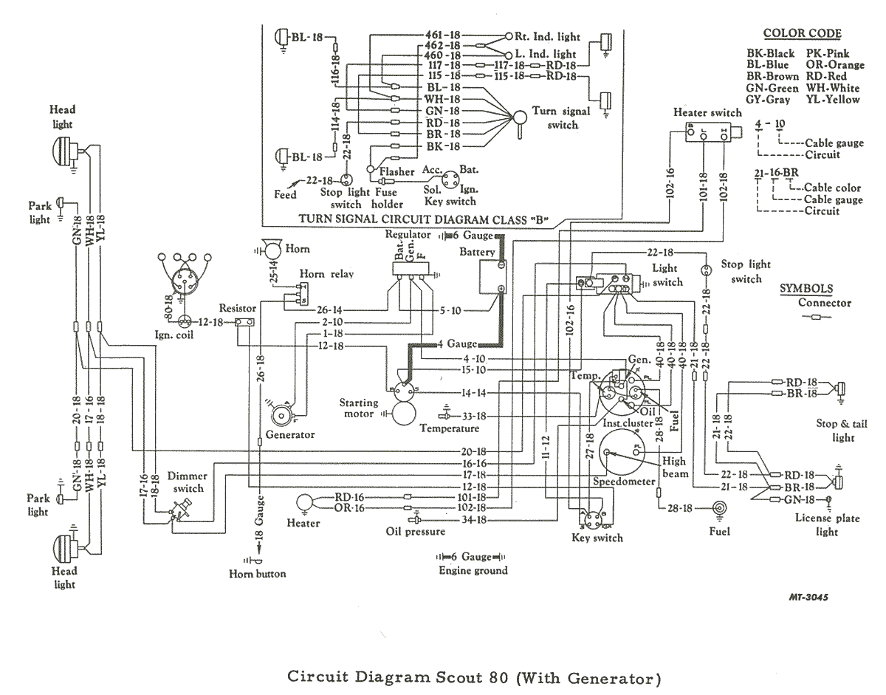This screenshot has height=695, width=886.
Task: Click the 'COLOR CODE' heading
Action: [802, 33]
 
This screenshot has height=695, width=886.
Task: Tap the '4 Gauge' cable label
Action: [456, 343]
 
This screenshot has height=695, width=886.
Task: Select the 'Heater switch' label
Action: [707, 112]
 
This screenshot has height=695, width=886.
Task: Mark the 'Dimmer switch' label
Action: [188, 482]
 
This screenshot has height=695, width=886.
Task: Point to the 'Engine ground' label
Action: [473, 570]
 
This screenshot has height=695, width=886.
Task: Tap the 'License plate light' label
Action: [827, 524]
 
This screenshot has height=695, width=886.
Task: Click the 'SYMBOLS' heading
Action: [807, 289]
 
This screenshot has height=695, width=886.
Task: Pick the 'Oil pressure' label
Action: [416, 531]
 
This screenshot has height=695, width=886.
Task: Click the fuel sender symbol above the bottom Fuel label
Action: [718, 508]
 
